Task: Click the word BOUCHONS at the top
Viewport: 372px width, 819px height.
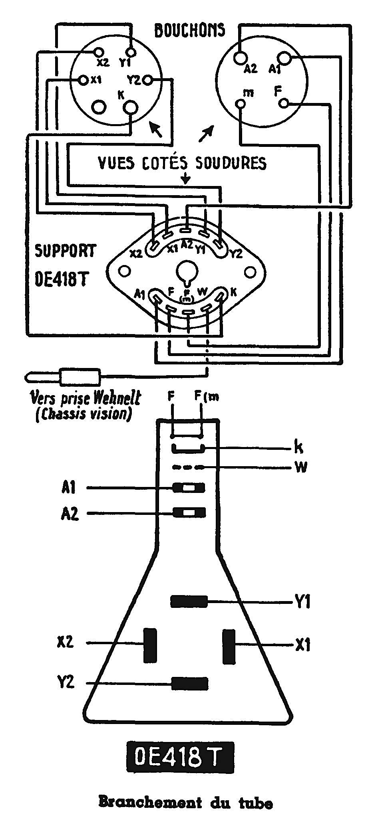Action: click(x=189, y=30)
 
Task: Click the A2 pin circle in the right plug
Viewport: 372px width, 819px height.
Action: click(x=239, y=57)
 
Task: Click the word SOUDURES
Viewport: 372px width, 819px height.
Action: click(x=231, y=163)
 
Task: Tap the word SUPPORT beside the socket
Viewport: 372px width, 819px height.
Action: click(x=66, y=251)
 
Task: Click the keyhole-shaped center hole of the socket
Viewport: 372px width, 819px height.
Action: click(x=185, y=272)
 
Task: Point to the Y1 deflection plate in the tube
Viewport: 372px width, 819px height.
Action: click(x=189, y=601)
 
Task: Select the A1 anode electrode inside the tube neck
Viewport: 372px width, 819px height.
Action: click(x=188, y=488)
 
